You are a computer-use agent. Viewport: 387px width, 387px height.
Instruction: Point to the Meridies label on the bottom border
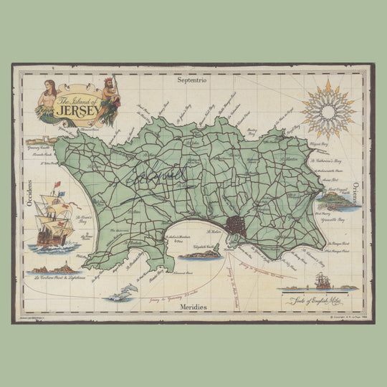(193, 307)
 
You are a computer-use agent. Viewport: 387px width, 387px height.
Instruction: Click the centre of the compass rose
(328, 110)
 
